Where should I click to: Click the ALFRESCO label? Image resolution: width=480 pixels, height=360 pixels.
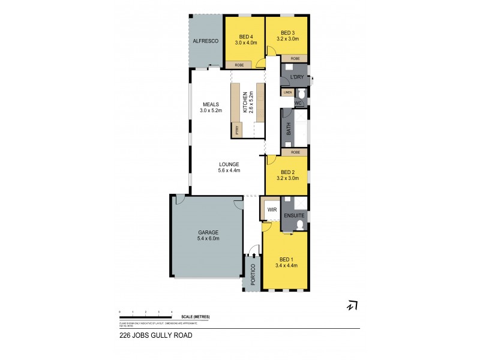pyautogui.click(x=205, y=41)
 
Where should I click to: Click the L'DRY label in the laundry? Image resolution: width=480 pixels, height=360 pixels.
pyautogui.click(x=296, y=79)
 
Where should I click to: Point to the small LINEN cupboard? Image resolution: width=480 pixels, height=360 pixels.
pyautogui.click(x=288, y=93)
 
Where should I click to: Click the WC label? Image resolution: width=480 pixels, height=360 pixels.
pyautogui.click(x=298, y=103)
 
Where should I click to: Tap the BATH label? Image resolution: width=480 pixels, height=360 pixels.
pyautogui.click(x=289, y=128)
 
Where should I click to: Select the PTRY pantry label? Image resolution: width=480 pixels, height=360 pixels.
pyautogui.click(x=237, y=130)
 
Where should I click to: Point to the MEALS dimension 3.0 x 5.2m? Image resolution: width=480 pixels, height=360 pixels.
pyautogui.click(x=211, y=111)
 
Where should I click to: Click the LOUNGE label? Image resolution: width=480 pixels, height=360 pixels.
pyautogui.click(x=229, y=164)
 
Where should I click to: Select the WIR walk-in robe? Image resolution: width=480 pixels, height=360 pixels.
pyautogui.click(x=271, y=210)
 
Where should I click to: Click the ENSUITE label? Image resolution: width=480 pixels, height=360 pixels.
pyautogui.click(x=295, y=215)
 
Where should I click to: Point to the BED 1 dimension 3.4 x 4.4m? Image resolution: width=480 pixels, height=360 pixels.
pyautogui.click(x=286, y=265)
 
